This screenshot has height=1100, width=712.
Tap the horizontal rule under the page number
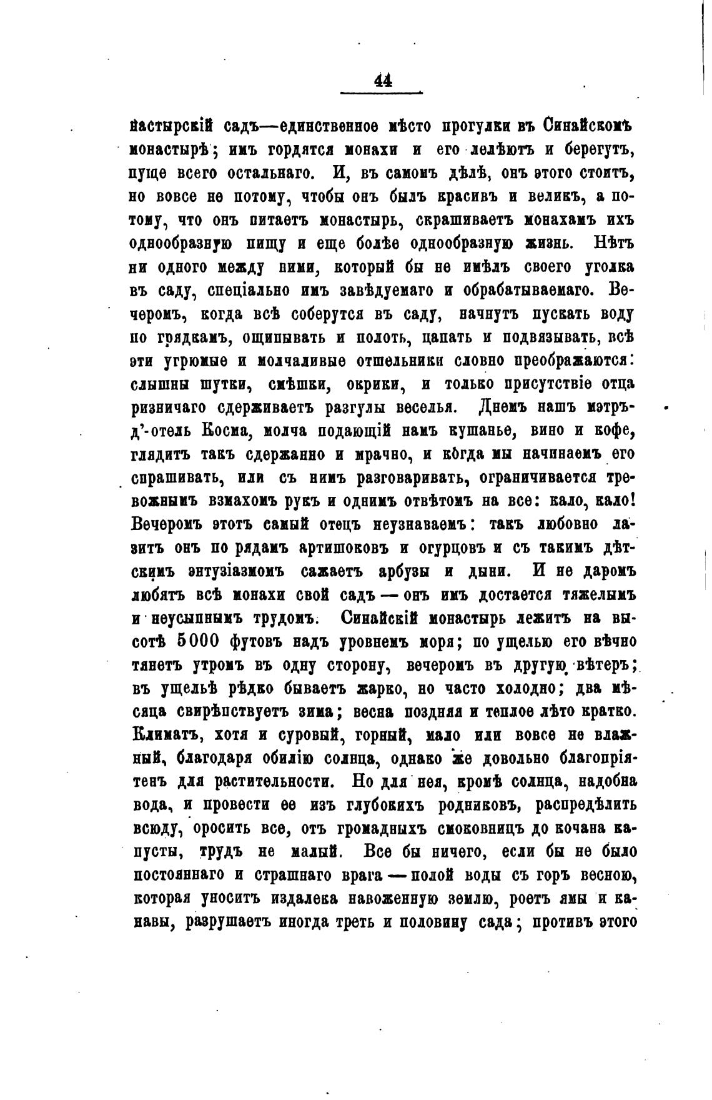[382, 93]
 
